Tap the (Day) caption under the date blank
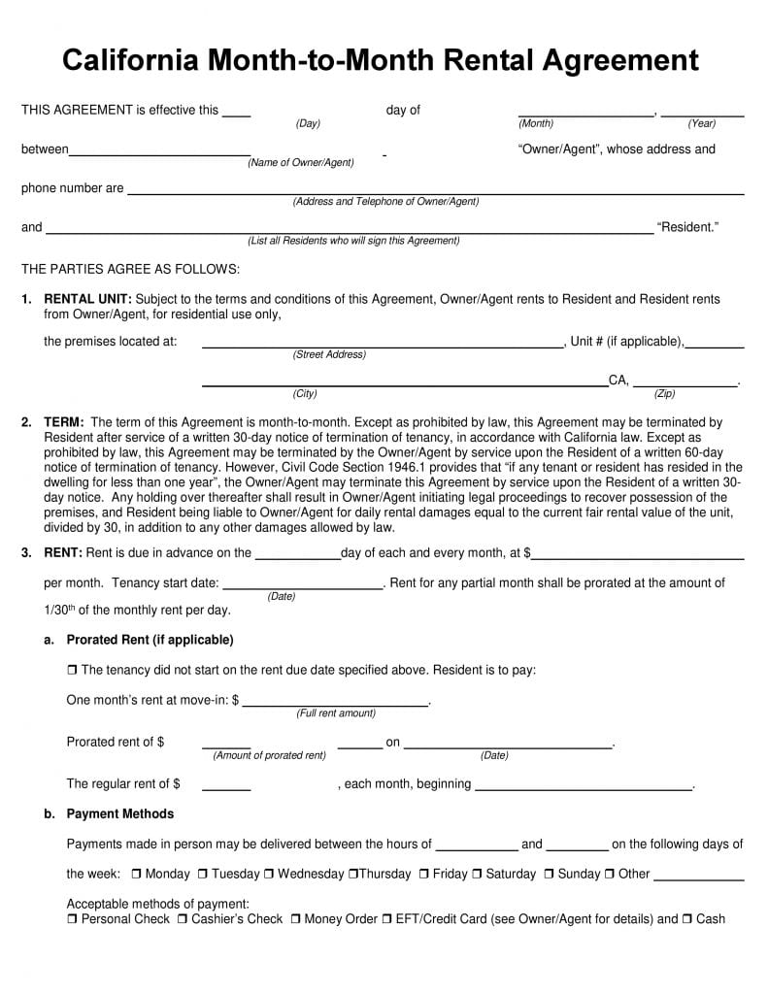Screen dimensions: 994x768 click(308, 124)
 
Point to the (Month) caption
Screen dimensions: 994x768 click(536, 124)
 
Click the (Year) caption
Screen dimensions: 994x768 click(702, 124)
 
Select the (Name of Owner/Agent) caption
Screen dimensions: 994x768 click(301, 163)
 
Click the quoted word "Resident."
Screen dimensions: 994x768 click(688, 228)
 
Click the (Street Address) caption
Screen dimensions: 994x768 click(329, 355)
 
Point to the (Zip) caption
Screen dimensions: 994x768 click(664, 394)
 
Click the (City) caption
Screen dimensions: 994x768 click(305, 394)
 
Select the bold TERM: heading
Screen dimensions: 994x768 click(64, 423)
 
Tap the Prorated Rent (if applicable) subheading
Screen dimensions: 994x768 click(150, 641)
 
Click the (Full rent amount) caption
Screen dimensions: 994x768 click(336, 713)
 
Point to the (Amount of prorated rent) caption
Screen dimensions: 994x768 click(270, 756)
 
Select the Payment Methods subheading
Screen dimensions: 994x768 click(120, 814)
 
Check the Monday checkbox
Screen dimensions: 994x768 click(136, 875)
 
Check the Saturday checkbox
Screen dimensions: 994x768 click(477, 875)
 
